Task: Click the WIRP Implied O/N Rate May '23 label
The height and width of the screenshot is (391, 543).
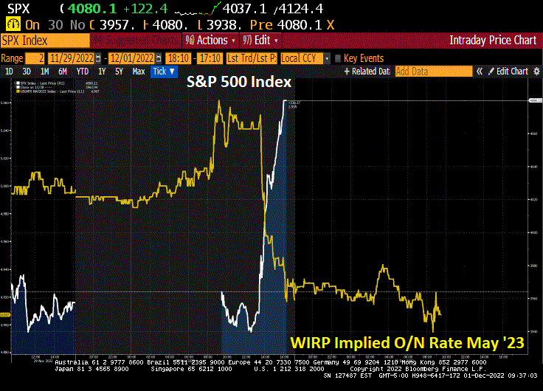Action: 406,342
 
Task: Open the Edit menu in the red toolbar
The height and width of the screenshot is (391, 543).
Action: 261,40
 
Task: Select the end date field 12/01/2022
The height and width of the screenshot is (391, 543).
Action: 132,58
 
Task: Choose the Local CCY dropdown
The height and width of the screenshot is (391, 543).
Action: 304,58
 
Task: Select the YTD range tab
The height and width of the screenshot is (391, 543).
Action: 82,72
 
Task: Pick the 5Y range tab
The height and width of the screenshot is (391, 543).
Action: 119,72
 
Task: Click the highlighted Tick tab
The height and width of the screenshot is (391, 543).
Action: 164,72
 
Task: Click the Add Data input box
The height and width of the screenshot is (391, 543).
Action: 432,72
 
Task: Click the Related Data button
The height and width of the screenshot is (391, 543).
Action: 368,72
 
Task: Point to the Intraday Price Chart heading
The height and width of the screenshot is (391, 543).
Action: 493,40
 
